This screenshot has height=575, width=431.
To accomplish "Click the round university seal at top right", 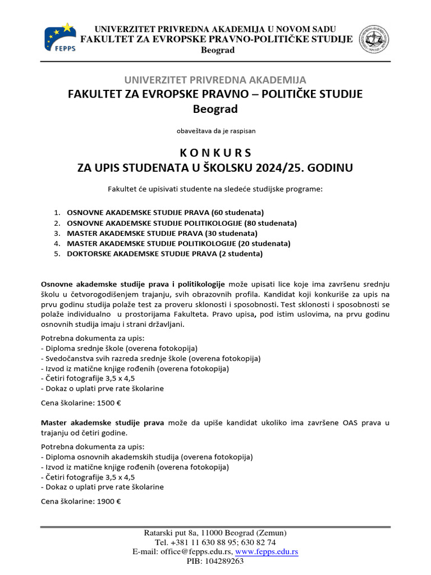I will pyautogui.click(x=374, y=39).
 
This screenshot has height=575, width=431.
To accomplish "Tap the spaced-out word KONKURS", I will pyautogui.click(x=215, y=153).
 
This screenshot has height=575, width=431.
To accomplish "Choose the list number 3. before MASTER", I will pyautogui.click(x=57, y=233).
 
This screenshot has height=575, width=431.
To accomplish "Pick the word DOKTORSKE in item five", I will pyautogui.click(x=89, y=254).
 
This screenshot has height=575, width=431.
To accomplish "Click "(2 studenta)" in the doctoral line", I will pyautogui.click(x=239, y=254).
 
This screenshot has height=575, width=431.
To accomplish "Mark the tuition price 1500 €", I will pyautogui.click(x=109, y=403).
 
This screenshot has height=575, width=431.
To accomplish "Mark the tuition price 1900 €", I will pyautogui.click(x=109, y=502).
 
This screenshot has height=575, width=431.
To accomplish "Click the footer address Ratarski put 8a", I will pyautogui.click(x=171, y=533).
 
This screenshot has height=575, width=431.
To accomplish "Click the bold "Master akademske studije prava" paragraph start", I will pyautogui.click(x=102, y=422).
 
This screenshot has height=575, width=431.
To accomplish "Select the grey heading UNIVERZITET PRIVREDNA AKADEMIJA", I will pyautogui.click(x=215, y=80).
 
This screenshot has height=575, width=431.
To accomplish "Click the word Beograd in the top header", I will pyautogui.click(x=218, y=50).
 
